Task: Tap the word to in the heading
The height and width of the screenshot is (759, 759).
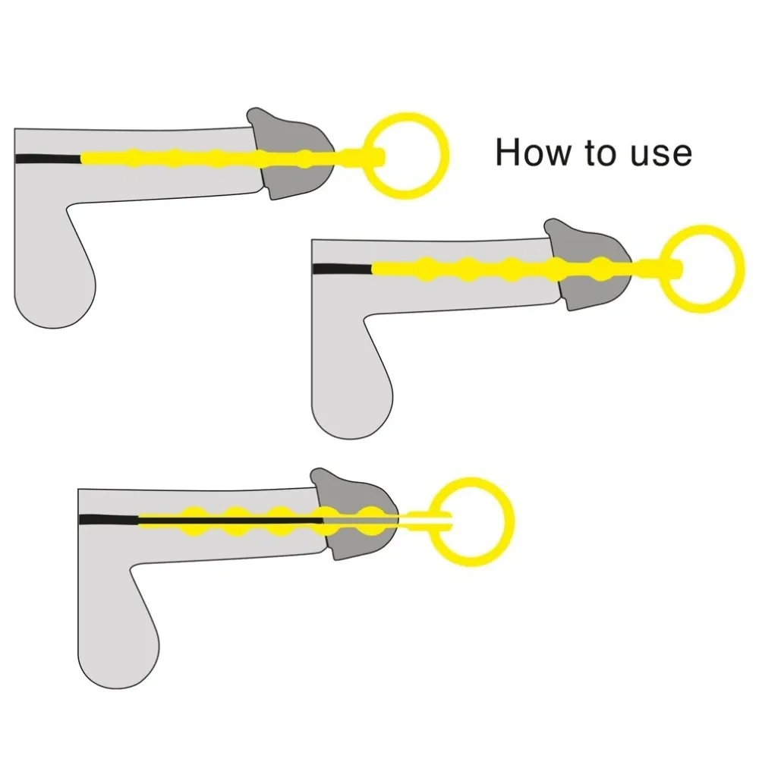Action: pyautogui.click(x=603, y=153)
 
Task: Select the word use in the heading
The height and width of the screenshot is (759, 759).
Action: pyautogui.click(x=660, y=153)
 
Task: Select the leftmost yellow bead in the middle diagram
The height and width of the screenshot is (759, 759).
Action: pyautogui.click(x=425, y=268)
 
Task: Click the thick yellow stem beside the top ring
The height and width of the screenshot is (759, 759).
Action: pyautogui.click(x=364, y=158)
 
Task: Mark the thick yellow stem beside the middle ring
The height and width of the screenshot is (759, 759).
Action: pyautogui.click(x=660, y=268)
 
